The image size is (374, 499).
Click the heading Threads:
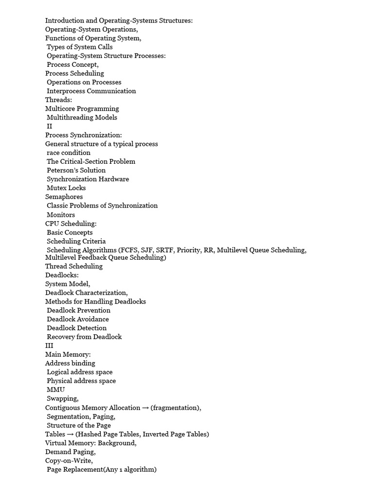click(x=58, y=100)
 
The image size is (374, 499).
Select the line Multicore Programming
click(x=82, y=109)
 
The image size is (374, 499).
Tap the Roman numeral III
click(x=49, y=345)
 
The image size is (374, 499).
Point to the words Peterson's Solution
click(x=76, y=170)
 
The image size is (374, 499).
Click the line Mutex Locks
click(x=66, y=188)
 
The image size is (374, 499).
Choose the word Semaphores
click(x=64, y=197)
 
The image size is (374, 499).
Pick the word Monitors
click(x=61, y=214)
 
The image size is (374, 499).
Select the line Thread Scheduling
click(x=74, y=266)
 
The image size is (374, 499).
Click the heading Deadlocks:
click(x=62, y=275)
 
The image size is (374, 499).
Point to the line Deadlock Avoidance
click(x=78, y=319)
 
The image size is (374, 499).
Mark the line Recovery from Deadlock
click(x=84, y=337)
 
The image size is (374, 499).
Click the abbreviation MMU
click(x=56, y=390)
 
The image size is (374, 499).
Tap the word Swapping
click(x=62, y=399)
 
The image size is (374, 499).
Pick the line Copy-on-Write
click(x=69, y=461)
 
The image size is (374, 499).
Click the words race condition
click(x=69, y=153)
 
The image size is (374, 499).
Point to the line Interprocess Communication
click(x=91, y=91)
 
